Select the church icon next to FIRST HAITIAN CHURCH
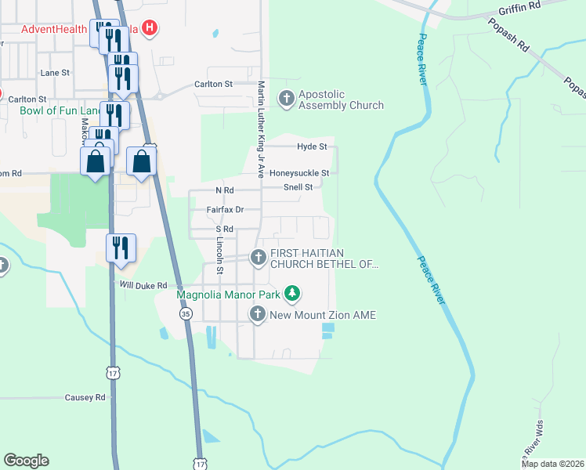pyautogui.click(x=258, y=257)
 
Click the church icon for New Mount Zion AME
pyautogui.click(x=258, y=315)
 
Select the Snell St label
pyautogui.click(x=298, y=187)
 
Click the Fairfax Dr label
pyautogui.click(x=225, y=210)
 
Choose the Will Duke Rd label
pyautogui.click(x=143, y=286)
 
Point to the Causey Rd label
pyautogui.click(x=89, y=398)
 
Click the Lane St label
pyautogui.click(x=55, y=72)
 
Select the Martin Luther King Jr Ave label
pyautogui.click(x=262, y=128)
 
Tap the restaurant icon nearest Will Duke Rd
pyautogui.click(x=121, y=248)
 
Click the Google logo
pyautogui.click(x=26, y=461)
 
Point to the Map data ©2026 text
pyautogui.click(x=552, y=464)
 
